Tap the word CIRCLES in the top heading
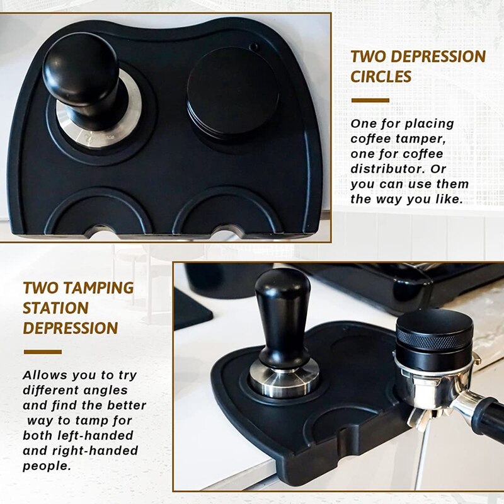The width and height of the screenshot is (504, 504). (381, 77)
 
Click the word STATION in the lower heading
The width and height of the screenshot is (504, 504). (55, 308)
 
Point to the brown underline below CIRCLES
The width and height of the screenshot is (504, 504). (370, 100)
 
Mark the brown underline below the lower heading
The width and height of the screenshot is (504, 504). (42, 352)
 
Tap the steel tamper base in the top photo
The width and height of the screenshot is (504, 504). (101, 126)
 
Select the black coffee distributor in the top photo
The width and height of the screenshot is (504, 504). (232, 91)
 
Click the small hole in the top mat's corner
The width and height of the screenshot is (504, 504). (253, 47)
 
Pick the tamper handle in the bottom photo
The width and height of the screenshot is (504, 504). (283, 315)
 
